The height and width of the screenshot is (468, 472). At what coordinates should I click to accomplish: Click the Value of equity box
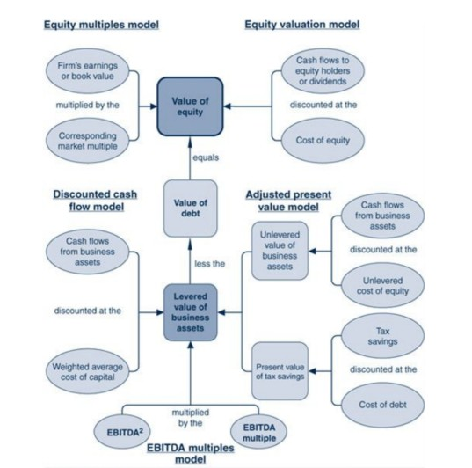coord(191,107)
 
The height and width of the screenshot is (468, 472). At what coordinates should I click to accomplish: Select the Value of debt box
coord(191,208)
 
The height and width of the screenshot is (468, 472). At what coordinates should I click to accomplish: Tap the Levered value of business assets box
coord(191,311)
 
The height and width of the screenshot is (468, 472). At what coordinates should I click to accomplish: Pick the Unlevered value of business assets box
coord(280,250)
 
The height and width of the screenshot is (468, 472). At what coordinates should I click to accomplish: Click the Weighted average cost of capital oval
coord(87,371)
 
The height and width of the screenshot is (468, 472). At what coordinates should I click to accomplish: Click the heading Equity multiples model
coord(101,24)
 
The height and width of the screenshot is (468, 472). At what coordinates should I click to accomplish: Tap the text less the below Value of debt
coord(208,262)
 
